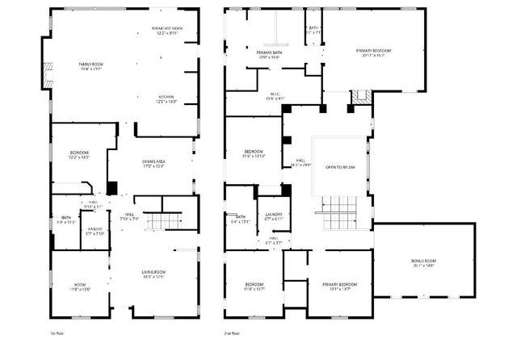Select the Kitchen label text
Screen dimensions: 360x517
pyautogui.click(x=166, y=98)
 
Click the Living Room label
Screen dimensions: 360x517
pyautogui.click(x=153, y=274)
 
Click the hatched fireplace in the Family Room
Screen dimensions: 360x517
pyautogui.click(x=47, y=75)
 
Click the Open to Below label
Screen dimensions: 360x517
pyautogui.click(x=340, y=167)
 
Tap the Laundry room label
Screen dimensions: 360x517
pyautogui.click(x=274, y=216)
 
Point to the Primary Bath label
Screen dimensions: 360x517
pyautogui.click(x=269, y=53)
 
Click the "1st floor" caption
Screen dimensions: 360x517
pyautogui.click(x=57, y=333)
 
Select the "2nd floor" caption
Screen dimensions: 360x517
pyautogui.click(x=233, y=333)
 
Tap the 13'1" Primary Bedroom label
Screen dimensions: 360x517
pyautogui.click(x=340, y=287)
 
